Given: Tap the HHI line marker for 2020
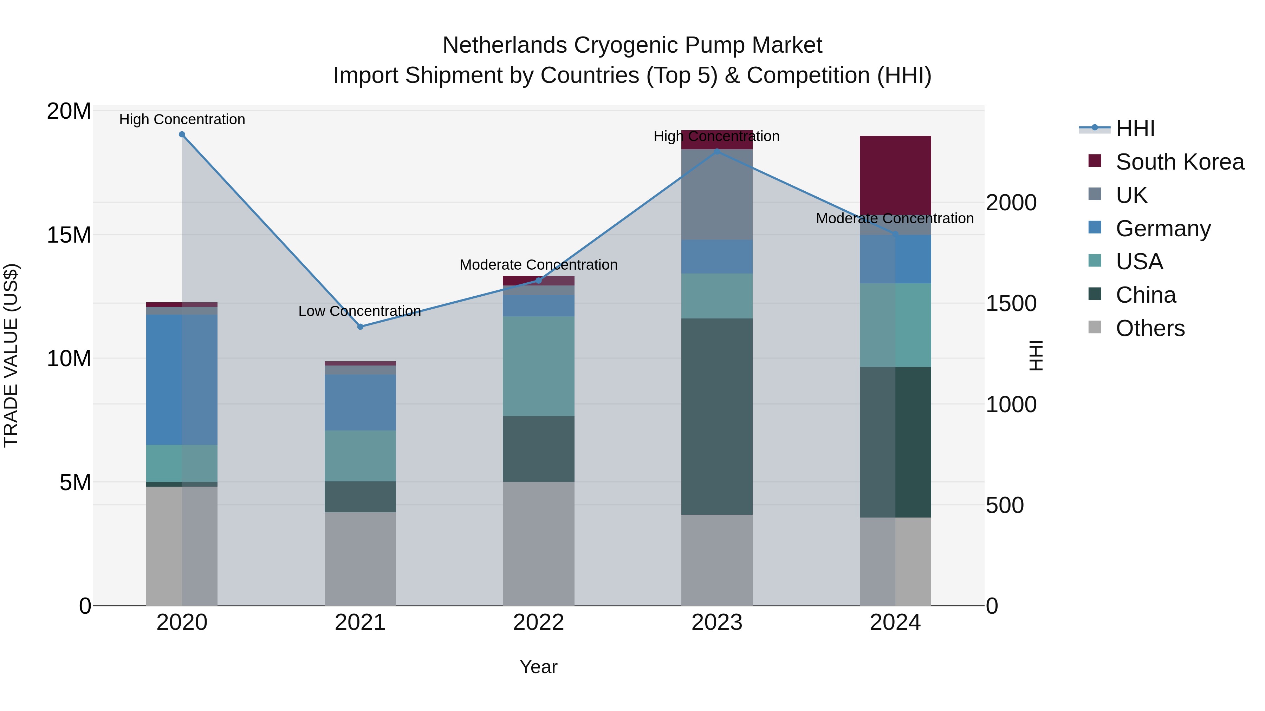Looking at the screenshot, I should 182,134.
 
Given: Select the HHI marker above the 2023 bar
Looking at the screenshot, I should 716,152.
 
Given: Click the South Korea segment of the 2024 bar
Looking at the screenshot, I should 895,175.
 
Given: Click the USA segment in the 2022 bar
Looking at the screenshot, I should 538,366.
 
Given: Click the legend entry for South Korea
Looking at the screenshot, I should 1180,162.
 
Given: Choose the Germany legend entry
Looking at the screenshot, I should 1163,229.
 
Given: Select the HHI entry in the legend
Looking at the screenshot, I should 1135,129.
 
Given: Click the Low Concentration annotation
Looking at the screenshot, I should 359,311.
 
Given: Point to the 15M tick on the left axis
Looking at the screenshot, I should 69,235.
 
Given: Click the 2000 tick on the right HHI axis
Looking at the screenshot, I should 1011,203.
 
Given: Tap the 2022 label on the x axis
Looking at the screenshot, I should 538,623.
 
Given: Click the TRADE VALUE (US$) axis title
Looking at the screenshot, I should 11,355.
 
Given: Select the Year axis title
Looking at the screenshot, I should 538,667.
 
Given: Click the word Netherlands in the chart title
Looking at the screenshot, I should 505,45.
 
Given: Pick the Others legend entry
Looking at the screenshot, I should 1150,328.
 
